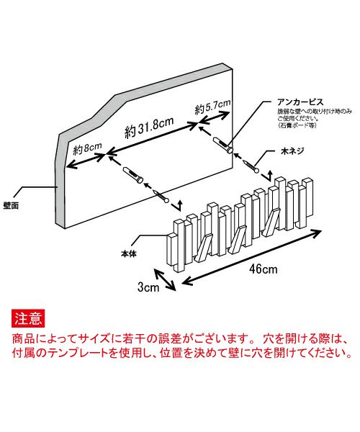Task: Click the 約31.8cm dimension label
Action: pos(149,127)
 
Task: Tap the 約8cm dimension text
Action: pos(87,149)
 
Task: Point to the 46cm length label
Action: pos(264,269)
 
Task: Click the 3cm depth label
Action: pos(148,287)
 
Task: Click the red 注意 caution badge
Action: pos(28,318)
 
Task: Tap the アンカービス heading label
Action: pos(300,102)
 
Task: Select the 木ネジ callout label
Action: pos(292,151)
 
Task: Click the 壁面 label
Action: pos(11,206)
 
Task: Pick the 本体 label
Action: pos(129,253)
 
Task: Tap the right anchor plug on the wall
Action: pos(223,145)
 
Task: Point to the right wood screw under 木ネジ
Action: pos(251,166)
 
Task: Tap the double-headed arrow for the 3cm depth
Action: pos(165,280)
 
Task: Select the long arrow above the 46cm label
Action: pos(251,257)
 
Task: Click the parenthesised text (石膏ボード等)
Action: pos(297,125)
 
